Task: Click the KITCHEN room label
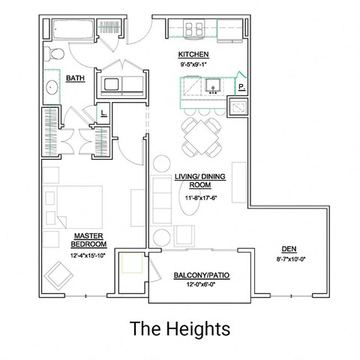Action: [193, 55]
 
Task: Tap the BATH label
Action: [75, 78]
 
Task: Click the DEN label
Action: [288, 250]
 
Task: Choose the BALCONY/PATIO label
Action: [202, 276]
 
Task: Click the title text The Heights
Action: [179, 328]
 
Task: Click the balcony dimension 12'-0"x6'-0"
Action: [202, 285]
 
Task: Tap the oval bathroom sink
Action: [52, 86]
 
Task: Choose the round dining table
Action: [199, 134]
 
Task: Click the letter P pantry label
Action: [241, 88]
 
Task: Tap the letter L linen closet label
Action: [103, 115]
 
